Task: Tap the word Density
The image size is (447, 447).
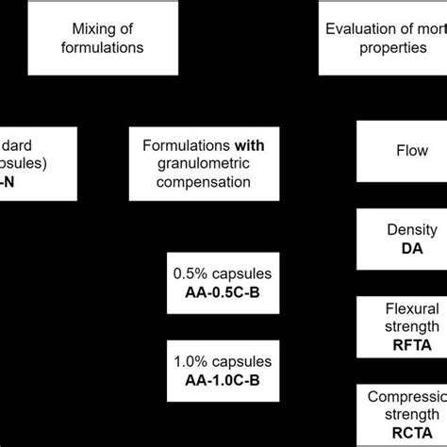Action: [411, 229]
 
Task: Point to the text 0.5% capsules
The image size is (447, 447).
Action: [223, 273]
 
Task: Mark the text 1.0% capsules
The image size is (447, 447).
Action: [223, 360]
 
